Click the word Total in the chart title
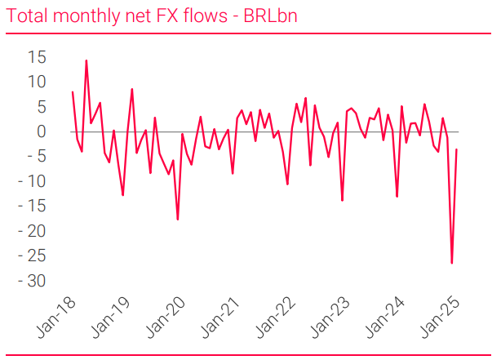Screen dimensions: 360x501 tap(25, 16)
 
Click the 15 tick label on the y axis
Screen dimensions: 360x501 tap(37, 56)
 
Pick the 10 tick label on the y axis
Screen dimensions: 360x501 tap(37, 82)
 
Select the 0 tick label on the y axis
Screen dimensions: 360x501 tap(42, 131)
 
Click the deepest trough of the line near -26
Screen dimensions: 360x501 tap(451, 263)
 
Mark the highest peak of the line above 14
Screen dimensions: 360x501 tap(86, 60)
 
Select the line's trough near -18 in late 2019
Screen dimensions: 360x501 tap(178, 220)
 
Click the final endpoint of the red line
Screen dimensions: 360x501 tap(456, 149)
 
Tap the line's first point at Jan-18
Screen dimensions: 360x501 tap(73, 91)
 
